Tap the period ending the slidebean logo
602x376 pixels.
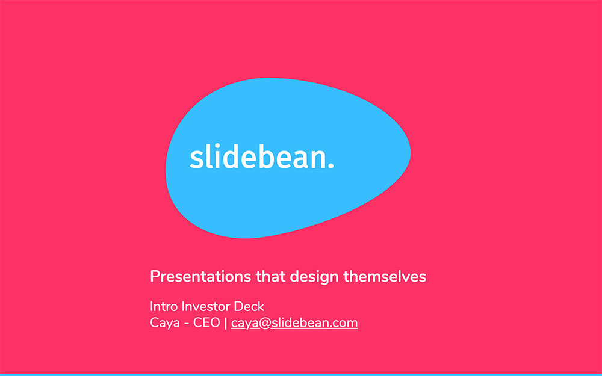pos(330,166)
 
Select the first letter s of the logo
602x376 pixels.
pos(196,159)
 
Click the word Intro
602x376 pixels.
pos(164,307)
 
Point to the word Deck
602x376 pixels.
pos(249,307)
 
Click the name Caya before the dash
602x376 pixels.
pos(164,323)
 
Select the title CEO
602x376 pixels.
pos(206,323)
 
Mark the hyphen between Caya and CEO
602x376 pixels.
pos(187,324)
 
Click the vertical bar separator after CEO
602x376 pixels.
pos(226,323)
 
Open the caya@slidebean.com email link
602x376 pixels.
pos(294,323)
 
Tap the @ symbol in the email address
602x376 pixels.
pos(264,324)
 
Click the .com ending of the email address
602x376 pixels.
pos(344,324)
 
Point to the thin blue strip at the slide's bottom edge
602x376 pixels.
pos(301,374)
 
